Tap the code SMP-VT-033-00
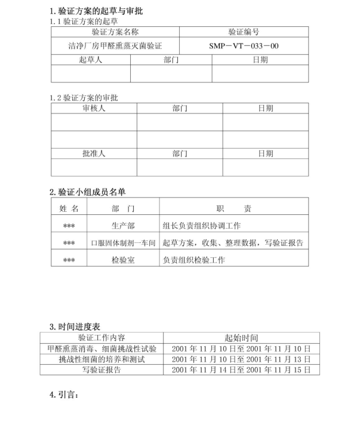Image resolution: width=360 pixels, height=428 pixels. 244,45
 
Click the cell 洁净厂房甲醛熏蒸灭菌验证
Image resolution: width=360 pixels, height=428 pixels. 115,45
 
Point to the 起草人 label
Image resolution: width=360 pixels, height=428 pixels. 91,60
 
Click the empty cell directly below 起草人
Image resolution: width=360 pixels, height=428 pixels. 91,73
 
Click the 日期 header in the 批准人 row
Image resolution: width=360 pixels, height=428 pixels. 266,153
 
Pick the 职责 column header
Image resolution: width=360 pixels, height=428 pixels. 233,209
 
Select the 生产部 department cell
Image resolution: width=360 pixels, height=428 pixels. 123,226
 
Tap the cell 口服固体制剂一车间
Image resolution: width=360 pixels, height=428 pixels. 123,243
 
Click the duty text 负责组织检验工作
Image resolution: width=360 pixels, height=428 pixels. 193,260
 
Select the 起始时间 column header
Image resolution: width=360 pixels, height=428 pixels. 241,338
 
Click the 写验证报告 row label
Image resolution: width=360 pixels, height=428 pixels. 101,370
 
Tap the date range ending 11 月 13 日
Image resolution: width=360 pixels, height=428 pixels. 241,359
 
